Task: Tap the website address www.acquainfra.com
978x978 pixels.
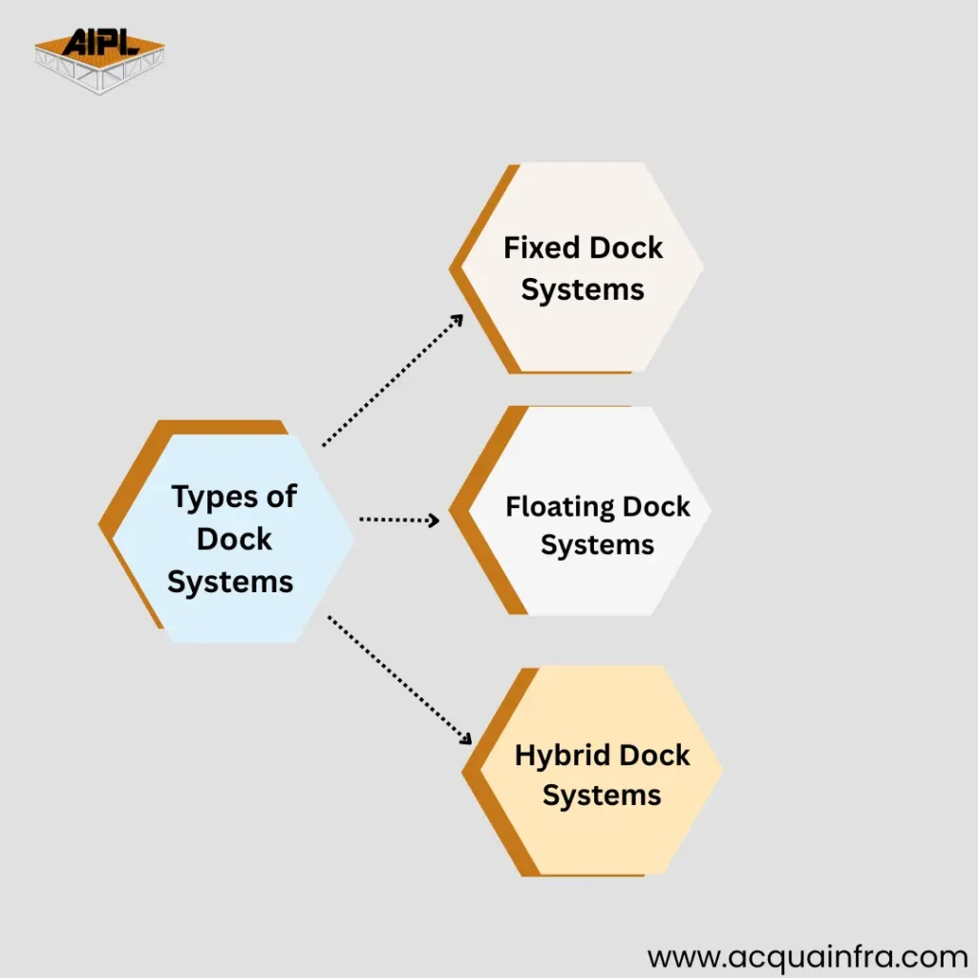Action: [x=807, y=956]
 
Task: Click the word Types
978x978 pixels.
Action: [x=211, y=498]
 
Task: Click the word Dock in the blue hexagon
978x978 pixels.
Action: [x=234, y=539]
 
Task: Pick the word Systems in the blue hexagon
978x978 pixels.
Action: [x=230, y=581]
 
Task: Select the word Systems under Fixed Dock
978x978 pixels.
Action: [x=583, y=288]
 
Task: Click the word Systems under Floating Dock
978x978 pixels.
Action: [x=597, y=545]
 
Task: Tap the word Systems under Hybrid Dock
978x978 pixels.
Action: [x=602, y=796]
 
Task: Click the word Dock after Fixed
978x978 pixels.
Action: [x=626, y=248]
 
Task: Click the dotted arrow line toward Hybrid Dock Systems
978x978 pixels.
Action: [x=396, y=677]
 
